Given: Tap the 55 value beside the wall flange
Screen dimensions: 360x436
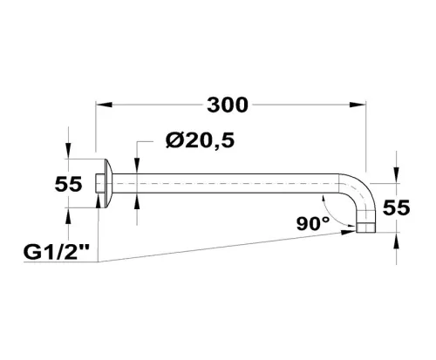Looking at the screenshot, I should [68, 184].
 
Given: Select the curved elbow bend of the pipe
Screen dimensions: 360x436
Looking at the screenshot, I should [361, 196].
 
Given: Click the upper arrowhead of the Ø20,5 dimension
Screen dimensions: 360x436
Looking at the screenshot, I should [137, 171].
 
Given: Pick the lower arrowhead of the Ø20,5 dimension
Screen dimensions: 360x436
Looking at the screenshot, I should [137, 198].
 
